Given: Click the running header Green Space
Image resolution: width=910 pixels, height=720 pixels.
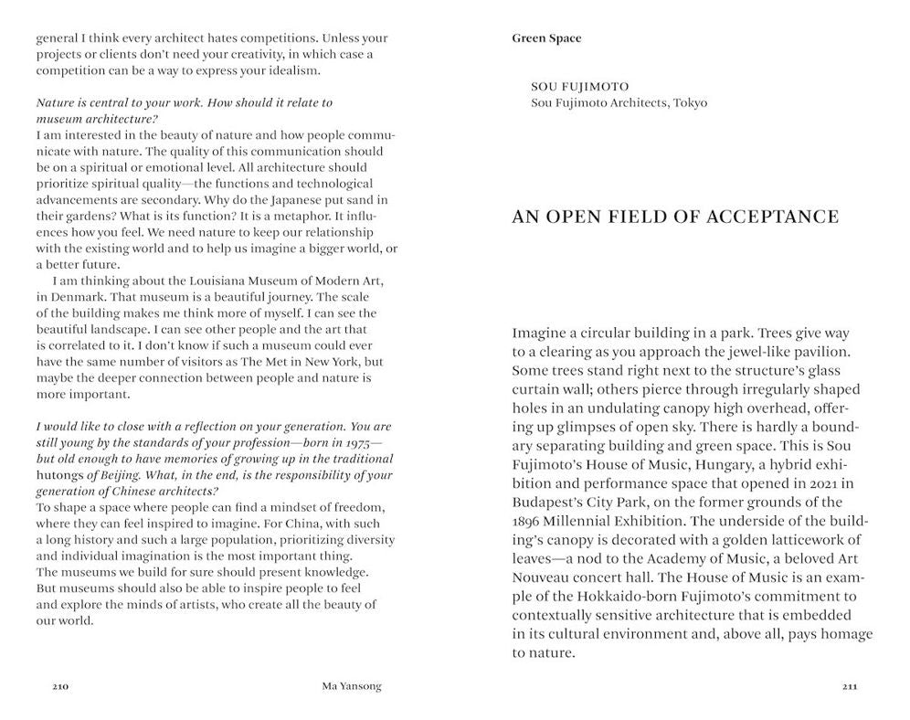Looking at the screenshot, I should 546,38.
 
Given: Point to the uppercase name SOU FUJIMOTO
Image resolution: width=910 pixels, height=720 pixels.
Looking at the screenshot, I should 585,87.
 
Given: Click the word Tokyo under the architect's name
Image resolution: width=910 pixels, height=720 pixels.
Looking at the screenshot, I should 690,102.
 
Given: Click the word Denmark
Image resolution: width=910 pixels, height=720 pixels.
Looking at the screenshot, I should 79,296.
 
